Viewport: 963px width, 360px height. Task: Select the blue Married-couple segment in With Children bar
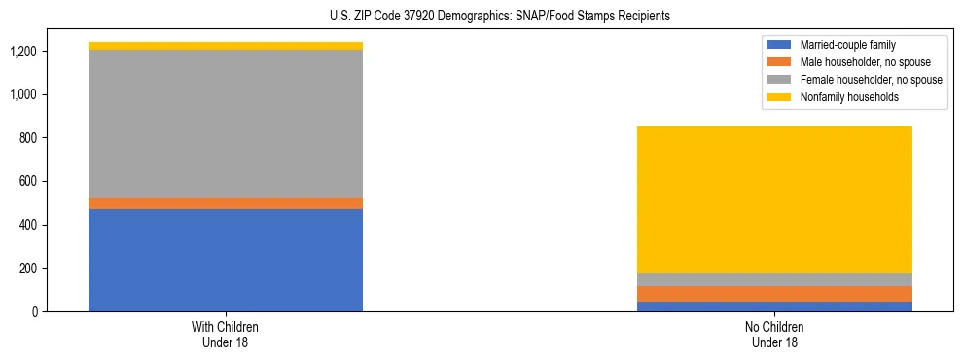226,260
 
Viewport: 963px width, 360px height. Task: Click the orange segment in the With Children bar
226,203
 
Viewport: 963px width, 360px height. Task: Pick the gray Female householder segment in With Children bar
226,124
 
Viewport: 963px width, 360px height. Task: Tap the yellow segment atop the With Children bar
226,46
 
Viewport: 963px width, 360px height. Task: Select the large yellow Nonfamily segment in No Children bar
774,199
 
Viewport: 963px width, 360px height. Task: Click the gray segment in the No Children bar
774,280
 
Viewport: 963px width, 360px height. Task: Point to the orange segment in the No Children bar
774,294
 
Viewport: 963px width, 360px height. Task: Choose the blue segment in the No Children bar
774,306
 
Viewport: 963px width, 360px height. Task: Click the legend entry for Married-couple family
845,45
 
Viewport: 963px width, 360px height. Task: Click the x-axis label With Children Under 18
226,335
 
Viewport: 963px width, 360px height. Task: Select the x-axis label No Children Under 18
774,335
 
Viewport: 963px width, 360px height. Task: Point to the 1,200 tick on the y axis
23,52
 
